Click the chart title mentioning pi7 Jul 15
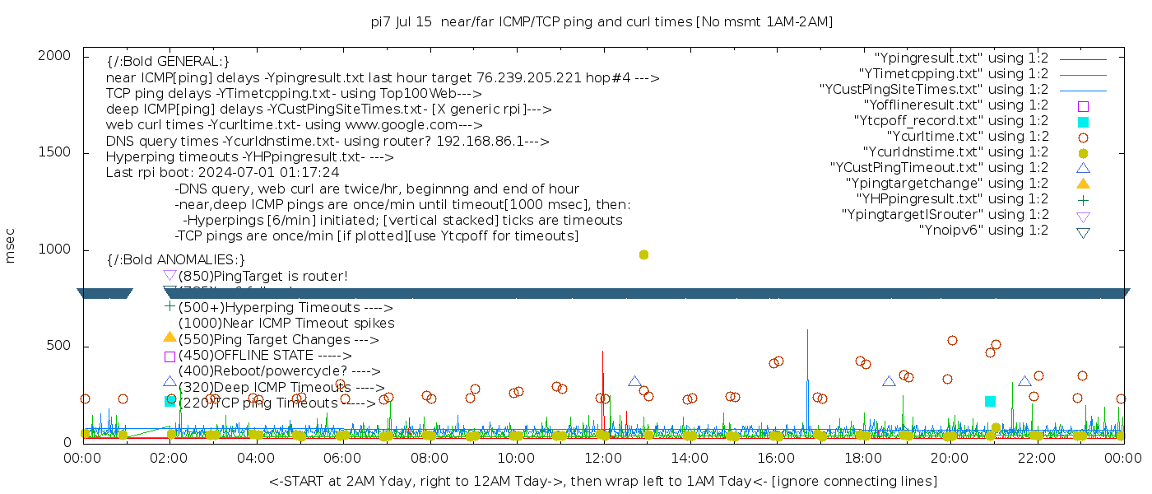coord(602,22)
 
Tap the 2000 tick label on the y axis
coord(54,56)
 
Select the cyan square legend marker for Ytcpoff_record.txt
coord(1083,122)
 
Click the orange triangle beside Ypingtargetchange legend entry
coord(1083,183)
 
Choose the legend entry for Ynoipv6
coord(983,231)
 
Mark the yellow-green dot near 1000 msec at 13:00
coord(643,255)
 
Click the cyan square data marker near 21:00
coord(990,402)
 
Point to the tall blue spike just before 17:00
coord(807,332)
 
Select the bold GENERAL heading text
coord(168,62)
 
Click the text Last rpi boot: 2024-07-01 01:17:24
coord(222,173)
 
